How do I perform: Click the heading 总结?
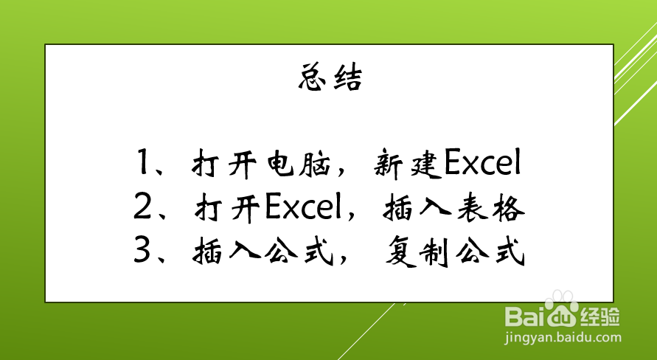tap(330, 77)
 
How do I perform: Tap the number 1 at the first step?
tap(142, 162)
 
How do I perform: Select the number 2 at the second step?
tap(142, 207)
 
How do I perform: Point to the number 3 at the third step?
tap(142, 251)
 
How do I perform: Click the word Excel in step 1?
tap(482, 162)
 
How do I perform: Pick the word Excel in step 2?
tap(305, 207)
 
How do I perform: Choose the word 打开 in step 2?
tap(229, 208)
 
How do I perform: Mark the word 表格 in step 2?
tap(490, 207)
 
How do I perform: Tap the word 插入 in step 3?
tap(226, 252)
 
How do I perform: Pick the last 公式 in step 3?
tap(490, 252)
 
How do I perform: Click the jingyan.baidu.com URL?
tap(563, 338)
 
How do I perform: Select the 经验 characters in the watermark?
tap(599, 316)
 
